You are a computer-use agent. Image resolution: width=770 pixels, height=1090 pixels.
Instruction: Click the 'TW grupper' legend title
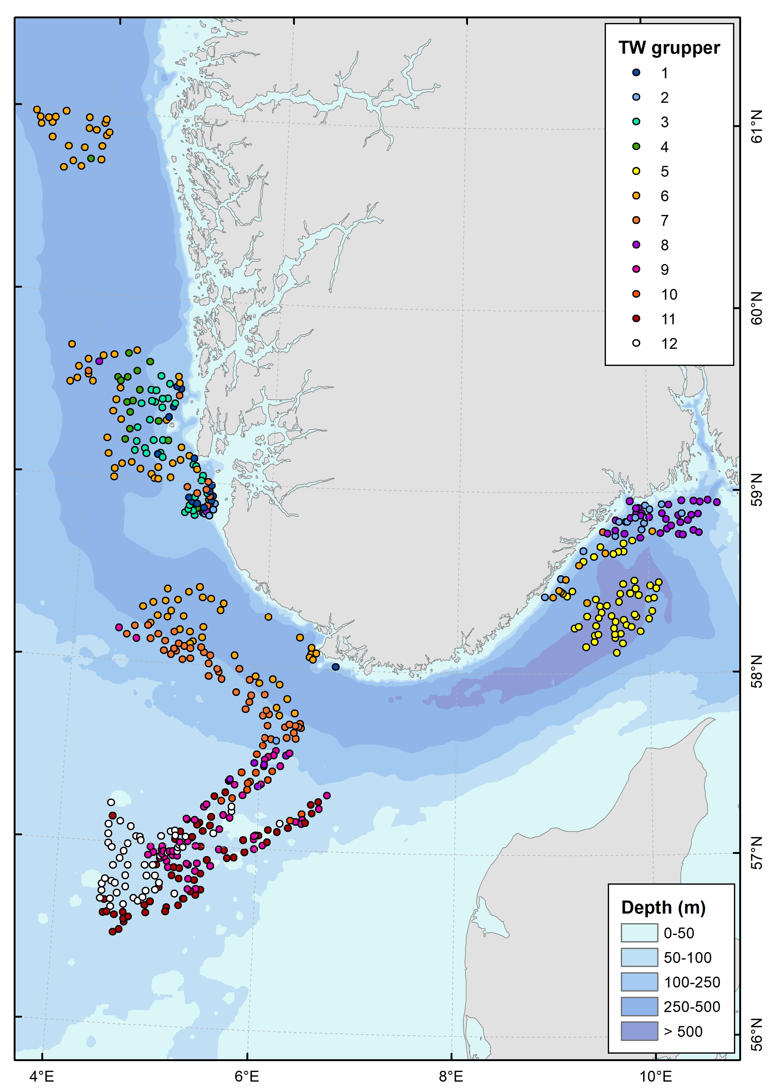(x=668, y=48)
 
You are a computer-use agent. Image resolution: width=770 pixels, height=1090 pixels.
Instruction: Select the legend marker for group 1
(x=636, y=73)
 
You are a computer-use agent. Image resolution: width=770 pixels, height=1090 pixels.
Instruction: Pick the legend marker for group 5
(x=636, y=171)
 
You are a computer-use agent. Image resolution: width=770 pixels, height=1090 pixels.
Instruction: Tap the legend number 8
(x=664, y=245)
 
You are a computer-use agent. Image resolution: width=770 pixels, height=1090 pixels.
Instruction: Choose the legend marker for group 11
(x=636, y=318)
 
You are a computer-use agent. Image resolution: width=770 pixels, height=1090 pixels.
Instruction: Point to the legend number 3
(x=664, y=122)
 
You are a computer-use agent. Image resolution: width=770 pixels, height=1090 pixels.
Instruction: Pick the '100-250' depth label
(x=692, y=982)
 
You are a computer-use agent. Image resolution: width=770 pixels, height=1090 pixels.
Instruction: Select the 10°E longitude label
(x=656, y=1076)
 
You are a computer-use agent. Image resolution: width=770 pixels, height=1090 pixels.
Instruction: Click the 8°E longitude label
(x=451, y=1076)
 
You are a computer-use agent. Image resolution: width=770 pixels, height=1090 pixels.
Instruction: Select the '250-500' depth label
(x=692, y=1006)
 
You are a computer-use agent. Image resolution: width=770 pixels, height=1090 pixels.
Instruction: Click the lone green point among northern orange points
(x=91, y=158)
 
